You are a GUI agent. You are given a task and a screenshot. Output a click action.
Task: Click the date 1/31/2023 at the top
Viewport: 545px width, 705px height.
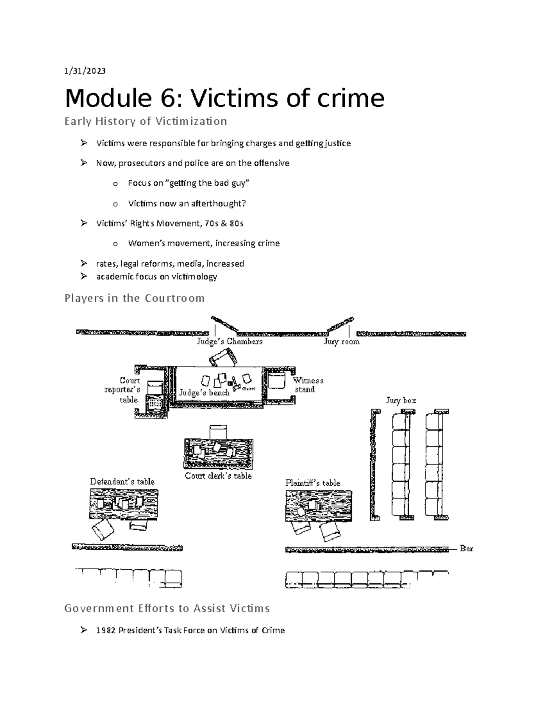point(85,71)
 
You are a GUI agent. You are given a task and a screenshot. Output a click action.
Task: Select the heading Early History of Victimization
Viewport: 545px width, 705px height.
point(146,121)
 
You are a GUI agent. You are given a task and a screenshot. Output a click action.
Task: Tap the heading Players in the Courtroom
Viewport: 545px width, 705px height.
point(134,298)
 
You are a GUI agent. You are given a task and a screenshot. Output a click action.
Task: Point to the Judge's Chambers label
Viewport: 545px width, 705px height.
point(230,341)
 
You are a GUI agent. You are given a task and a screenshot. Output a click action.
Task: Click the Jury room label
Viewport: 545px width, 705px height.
point(342,341)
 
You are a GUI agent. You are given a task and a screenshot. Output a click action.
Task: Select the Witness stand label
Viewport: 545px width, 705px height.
point(308,385)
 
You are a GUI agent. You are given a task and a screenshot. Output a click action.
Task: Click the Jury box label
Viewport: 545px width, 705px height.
point(401,400)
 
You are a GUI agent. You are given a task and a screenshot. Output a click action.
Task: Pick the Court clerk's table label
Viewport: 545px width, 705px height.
point(218,476)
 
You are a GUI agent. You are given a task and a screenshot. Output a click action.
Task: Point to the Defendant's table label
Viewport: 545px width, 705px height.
point(122,481)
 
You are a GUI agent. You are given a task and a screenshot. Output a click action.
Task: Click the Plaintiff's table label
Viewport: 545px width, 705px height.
point(313,483)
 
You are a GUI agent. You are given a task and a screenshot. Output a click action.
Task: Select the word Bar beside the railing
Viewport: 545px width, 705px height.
point(466,548)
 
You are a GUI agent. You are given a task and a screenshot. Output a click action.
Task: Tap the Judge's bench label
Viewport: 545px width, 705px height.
point(204,393)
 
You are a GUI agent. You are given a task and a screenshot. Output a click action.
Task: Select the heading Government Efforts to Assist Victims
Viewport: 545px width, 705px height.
point(167,608)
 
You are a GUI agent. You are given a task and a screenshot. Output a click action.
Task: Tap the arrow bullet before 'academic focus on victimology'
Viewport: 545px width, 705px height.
point(84,276)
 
